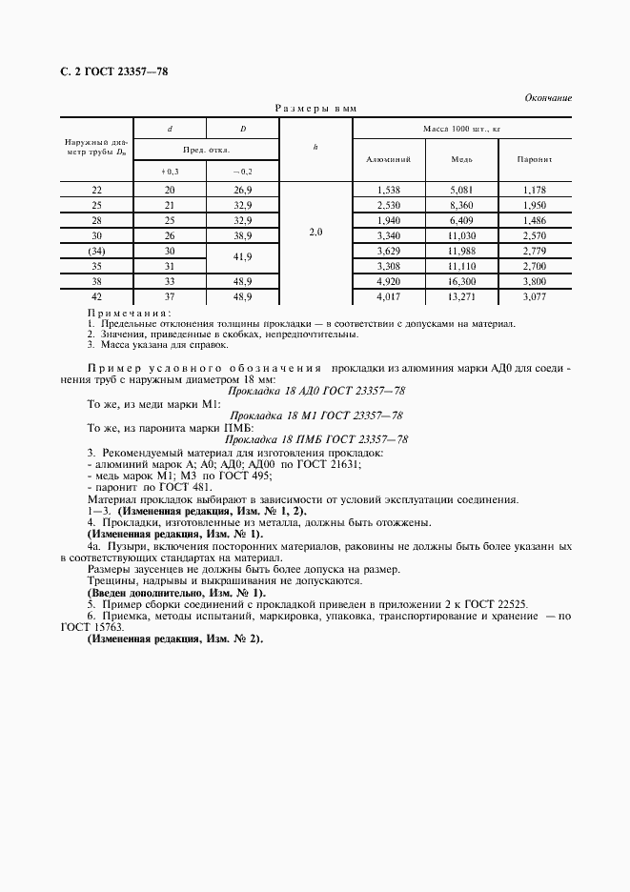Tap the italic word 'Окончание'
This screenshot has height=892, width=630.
[x=548, y=98]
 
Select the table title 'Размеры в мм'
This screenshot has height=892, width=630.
[x=315, y=110]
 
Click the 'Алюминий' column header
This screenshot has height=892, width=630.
[x=388, y=159]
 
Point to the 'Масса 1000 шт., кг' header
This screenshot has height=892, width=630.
[x=461, y=128]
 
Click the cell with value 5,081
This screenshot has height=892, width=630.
[x=461, y=190]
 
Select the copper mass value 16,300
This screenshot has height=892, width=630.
[x=461, y=283]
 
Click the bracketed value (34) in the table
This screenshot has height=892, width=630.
[x=96, y=251]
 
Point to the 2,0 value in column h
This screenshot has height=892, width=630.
[x=315, y=231]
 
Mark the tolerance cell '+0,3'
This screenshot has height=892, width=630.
[x=171, y=171]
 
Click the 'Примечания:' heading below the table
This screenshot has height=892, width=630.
[x=130, y=313]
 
